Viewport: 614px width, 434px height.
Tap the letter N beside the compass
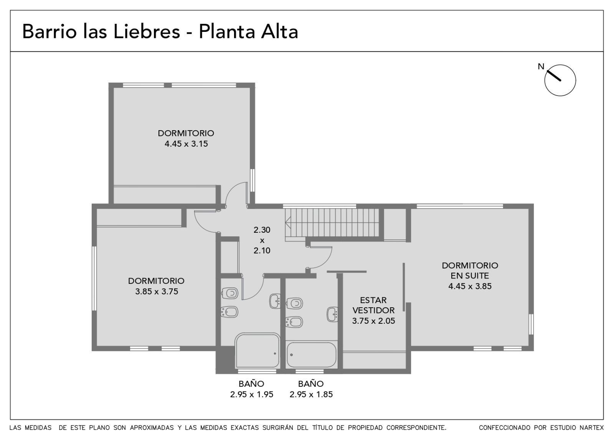tap(541, 66)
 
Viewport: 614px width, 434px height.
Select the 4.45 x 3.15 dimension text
tap(186, 144)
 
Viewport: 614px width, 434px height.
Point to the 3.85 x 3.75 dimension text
tap(157, 292)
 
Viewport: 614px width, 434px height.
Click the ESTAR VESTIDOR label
tap(373, 305)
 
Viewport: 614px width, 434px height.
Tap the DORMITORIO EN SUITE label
tap(470, 270)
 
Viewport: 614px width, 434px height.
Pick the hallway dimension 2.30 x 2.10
tap(262, 240)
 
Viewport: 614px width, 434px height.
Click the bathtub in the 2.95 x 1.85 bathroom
tap(311, 355)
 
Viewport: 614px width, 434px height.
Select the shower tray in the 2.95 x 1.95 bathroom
tap(257, 351)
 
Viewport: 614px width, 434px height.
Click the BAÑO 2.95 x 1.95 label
tap(252, 389)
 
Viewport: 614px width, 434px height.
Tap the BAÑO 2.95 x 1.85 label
tap(311, 389)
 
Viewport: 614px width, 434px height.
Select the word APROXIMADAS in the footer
tap(152, 428)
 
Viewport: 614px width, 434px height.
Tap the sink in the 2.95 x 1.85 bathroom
tap(332, 315)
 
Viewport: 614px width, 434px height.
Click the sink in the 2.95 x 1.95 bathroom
tap(275, 301)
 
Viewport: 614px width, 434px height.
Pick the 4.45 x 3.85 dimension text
tap(470, 286)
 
